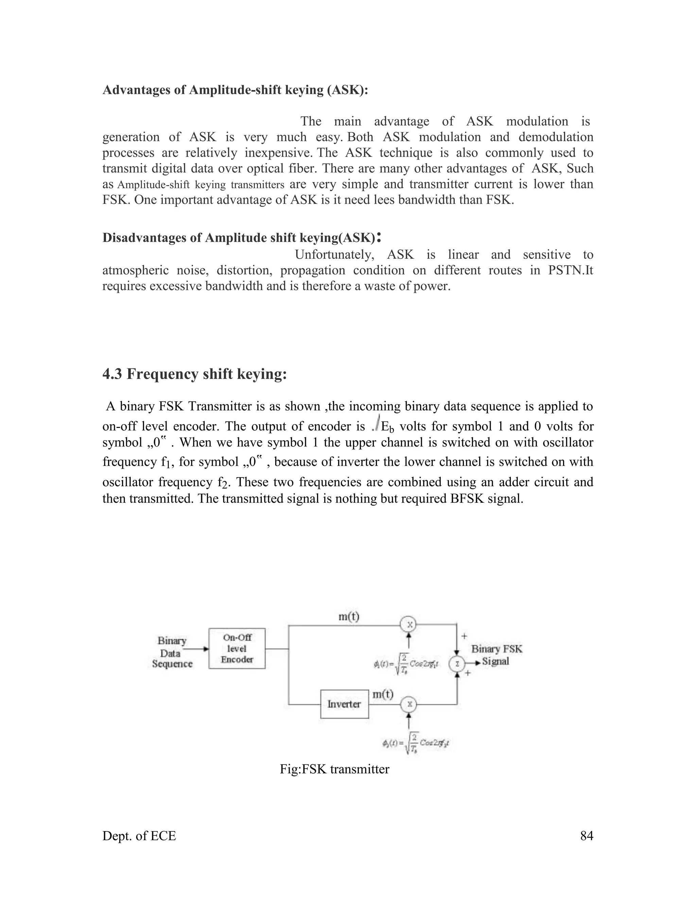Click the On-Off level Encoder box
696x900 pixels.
tap(237, 648)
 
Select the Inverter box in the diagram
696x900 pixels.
tap(344, 704)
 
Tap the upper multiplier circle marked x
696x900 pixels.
tap(408, 625)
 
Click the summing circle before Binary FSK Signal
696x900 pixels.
tap(457, 664)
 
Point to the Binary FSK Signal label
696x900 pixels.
tap(497, 655)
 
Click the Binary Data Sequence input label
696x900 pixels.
tap(172, 652)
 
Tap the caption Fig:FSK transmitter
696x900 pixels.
tap(334, 769)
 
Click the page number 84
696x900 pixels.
tap(586, 836)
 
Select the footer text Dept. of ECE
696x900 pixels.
tap(139, 836)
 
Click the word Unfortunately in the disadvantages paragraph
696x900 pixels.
tap(334, 255)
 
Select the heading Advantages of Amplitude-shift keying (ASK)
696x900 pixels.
tap(235, 90)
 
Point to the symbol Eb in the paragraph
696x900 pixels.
tap(387, 427)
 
